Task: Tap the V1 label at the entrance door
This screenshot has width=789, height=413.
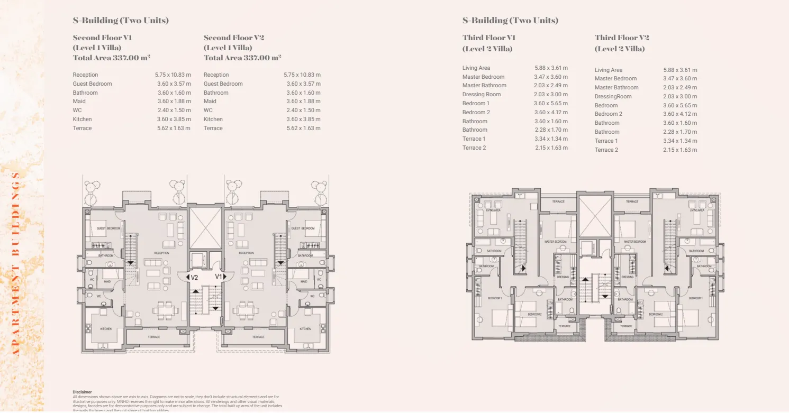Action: pyautogui.click(x=219, y=277)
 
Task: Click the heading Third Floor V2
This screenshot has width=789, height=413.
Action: pyautogui.click(x=621, y=38)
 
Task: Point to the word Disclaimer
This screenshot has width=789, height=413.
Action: pyautogui.click(x=82, y=392)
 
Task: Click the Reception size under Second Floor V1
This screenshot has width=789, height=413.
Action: pyautogui.click(x=173, y=75)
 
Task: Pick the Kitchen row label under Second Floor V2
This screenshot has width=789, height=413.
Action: pyautogui.click(x=213, y=120)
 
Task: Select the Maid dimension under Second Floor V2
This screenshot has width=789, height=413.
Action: pyautogui.click(x=303, y=102)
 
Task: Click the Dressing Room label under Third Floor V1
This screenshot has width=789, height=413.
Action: pyautogui.click(x=481, y=95)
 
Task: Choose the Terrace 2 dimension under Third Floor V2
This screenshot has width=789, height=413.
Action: pyautogui.click(x=680, y=150)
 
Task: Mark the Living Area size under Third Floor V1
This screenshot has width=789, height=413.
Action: pyautogui.click(x=551, y=68)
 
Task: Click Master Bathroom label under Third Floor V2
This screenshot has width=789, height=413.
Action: pyautogui.click(x=616, y=88)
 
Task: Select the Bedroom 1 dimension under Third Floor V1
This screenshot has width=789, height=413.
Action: pyautogui.click(x=551, y=104)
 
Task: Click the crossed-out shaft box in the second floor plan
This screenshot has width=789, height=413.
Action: pyautogui.click(x=205, y=228)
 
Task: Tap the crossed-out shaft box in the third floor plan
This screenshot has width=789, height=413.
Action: pyautogui.click(x=594, y=217)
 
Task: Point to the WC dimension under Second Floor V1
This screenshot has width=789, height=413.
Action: pyautogui.click(x=174, y=111)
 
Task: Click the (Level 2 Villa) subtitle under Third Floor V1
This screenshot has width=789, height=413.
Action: pyautogui.click(x=487, y=49)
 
